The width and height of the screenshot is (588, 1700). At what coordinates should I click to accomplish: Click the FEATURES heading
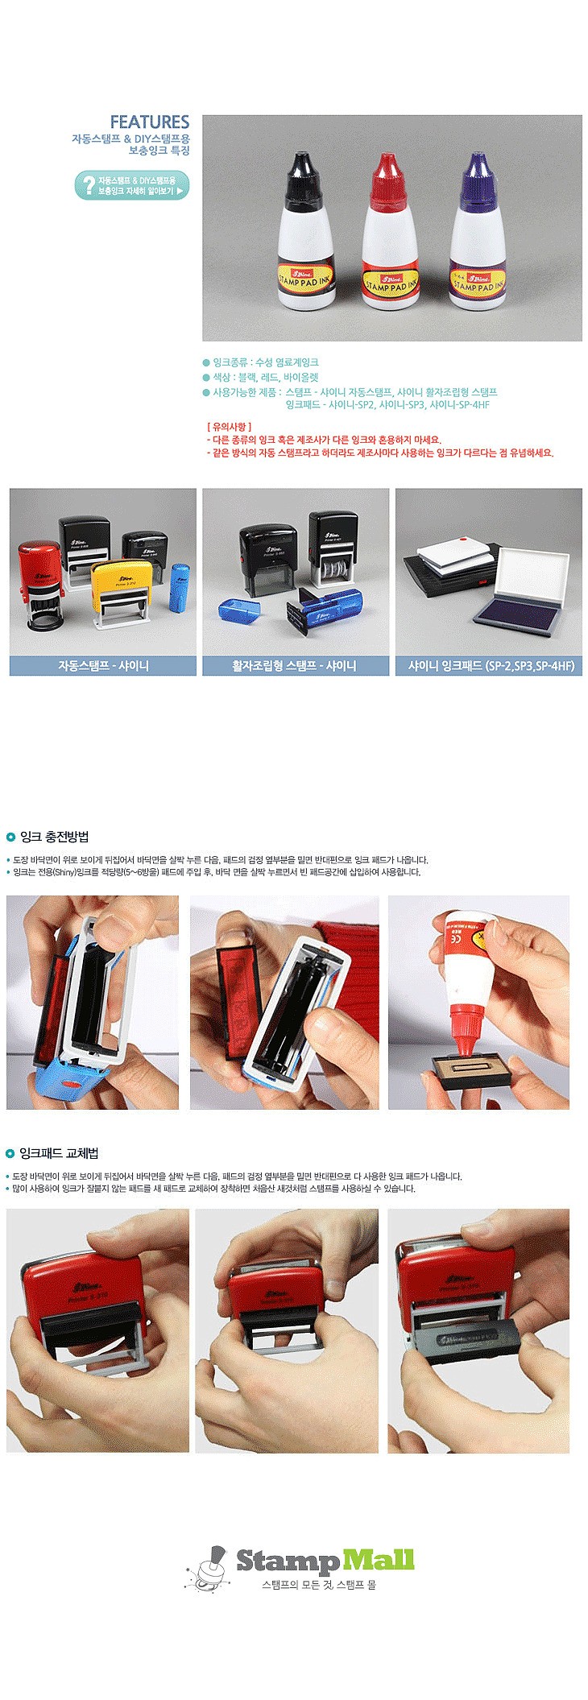(149, 122)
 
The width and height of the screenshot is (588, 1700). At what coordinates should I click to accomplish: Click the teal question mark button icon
(85, 186)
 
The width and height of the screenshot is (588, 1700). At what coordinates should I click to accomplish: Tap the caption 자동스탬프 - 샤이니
(103, 666)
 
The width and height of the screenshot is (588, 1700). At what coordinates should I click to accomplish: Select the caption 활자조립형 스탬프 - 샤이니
(294, 666)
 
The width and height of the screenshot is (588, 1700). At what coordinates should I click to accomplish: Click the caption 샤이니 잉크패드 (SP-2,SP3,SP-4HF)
(489, 666)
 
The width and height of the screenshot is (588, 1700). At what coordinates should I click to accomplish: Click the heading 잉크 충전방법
(53, 837)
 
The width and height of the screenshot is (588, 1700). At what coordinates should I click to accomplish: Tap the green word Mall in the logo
(378, 1560)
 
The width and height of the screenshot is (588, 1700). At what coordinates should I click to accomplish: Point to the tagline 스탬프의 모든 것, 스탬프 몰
(319, 1585)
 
